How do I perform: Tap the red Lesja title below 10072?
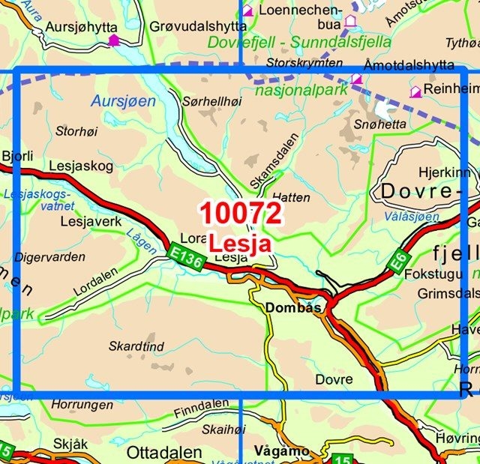coord(240,244)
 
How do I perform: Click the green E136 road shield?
coord(184,256)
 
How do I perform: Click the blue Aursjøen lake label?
coord(123,100)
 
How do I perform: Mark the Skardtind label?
coord(136,348)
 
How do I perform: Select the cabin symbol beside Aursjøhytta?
coord(113,40)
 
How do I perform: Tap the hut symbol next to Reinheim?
coord(415,91)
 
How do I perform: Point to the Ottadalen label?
coord(164,452)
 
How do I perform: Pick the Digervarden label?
coord(50,256)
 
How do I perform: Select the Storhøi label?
coord(77,131)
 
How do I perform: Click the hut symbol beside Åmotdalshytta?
coord(356,79)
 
